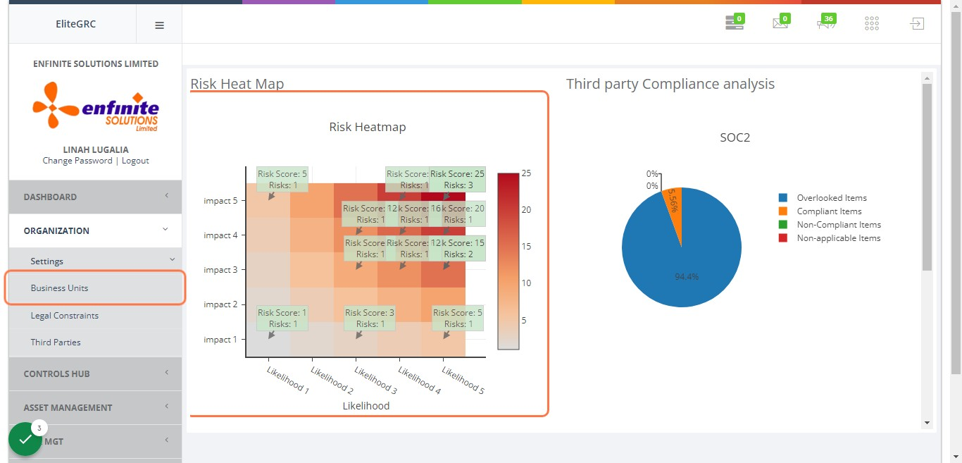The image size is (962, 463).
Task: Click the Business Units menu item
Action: click(x=59, y=288)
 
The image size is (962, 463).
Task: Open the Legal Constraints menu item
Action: click(x=64, y=316)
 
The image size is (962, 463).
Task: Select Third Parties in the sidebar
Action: click(x=56, y=342)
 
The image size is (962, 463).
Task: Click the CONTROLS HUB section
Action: click(x=57, y=374)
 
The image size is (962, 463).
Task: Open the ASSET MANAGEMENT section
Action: click(x=68, y=407)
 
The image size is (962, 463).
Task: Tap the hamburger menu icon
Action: click(x=159, y=25)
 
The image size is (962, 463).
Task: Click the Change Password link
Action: click(x=77, y=161)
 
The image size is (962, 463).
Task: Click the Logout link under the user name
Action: click(x=135, y=161)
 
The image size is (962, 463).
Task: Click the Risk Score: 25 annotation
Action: click(x=458, y=179)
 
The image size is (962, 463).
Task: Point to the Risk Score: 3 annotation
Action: click(x=369, y=318)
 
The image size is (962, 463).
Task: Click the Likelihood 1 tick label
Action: click(x=287, y=379)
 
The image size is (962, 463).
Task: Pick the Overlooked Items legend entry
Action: click(x=831, y=198)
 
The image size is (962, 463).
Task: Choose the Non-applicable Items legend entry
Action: click(x=838, y=238)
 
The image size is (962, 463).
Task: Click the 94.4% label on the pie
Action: click(x=687, y=277)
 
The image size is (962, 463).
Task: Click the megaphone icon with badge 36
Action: click(x=825, y=24)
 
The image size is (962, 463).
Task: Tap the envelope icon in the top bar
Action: click(x=780, y=24)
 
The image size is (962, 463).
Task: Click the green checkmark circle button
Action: click(x=25, y=439)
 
